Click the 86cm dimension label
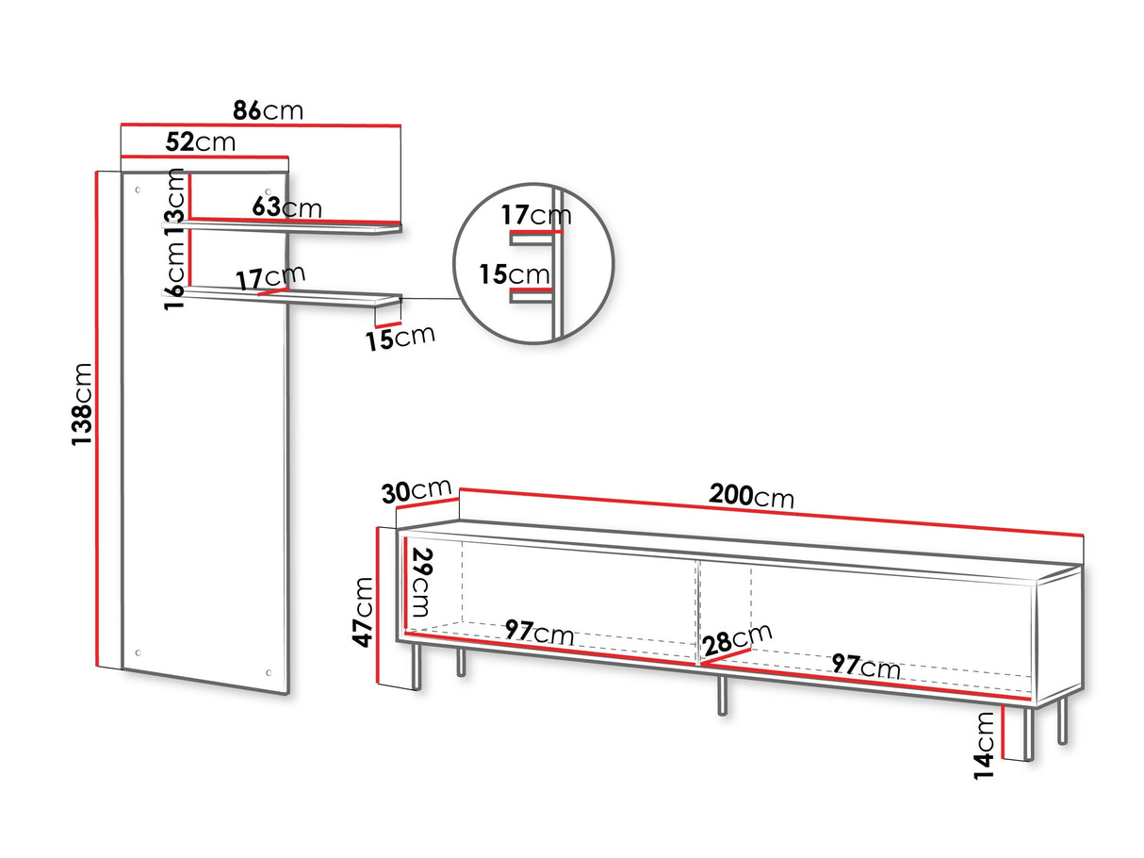coord(268,110)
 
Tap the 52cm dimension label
coord(200,141)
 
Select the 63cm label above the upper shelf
coord(286,206)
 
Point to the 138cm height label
coord(82,404)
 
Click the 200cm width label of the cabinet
coord(751,495)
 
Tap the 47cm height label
coord(363,612)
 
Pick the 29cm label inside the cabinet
coord(422,583)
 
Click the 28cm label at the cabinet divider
coord(736,639)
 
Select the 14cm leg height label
coord(984,745)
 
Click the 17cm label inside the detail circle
coord(536,215)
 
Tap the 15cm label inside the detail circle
coord(515,274)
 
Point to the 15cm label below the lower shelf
coord(400,338)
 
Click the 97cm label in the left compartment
coord(539,633)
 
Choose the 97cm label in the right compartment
coord(866,667)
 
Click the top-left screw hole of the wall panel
coord(139,190)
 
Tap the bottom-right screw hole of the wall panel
coord(269,673)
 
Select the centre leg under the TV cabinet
coord(723,696)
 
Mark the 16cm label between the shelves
coord(174,275)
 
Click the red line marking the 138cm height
coord(97,419)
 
